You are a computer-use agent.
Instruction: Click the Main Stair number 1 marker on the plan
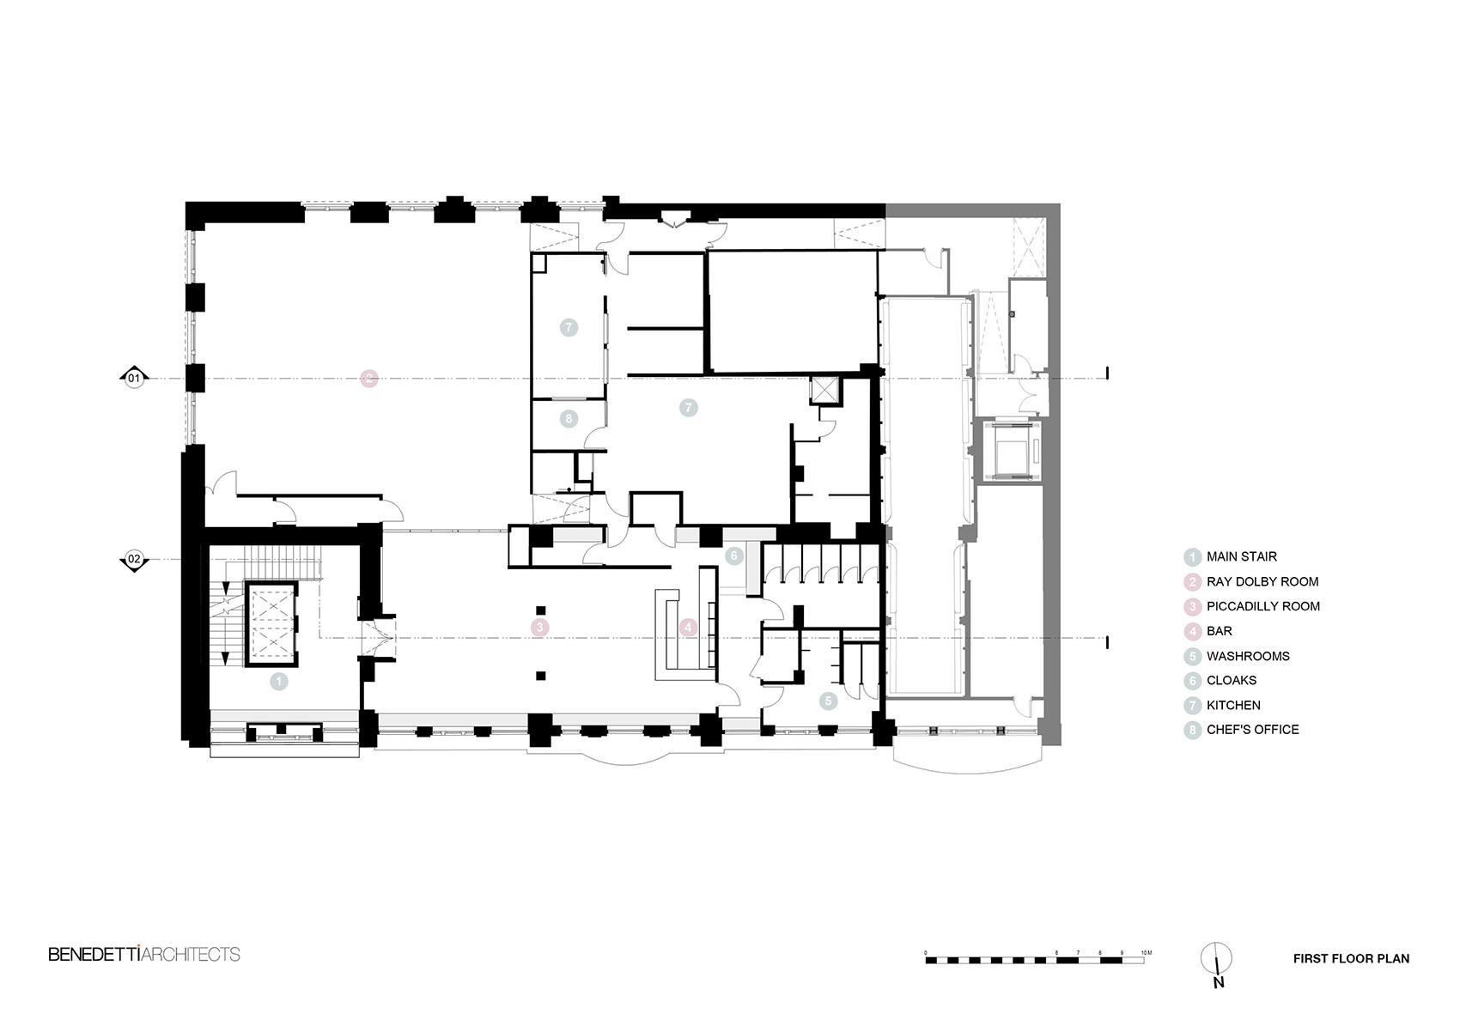click(278, 682)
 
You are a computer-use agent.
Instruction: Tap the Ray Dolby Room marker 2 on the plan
click(368, 378)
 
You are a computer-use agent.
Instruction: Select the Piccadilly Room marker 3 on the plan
click(539, 628)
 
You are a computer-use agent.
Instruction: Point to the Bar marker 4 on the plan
click(688, 628)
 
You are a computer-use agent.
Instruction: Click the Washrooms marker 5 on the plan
click(828, 701)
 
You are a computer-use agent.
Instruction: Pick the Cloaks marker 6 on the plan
click(733, 556)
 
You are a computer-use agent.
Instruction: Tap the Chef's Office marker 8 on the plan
click(568, 419)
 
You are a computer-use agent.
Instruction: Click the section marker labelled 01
click(134, 378)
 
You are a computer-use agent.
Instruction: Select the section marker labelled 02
click(134, 560)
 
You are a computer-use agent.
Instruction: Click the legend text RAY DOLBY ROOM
click(1262, 582)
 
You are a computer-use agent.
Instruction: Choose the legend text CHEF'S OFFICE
click(1252, 730)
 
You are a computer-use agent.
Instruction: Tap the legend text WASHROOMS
click(1248, 656)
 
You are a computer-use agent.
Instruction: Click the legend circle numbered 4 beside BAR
click(1192, 632)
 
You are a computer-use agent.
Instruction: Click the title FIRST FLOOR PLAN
click(1351, 959)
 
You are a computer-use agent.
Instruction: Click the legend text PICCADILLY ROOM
click(1262, 606)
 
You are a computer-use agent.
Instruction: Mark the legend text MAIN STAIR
click(1241, 557)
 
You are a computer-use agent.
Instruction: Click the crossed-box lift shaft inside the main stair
click(271, 624)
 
